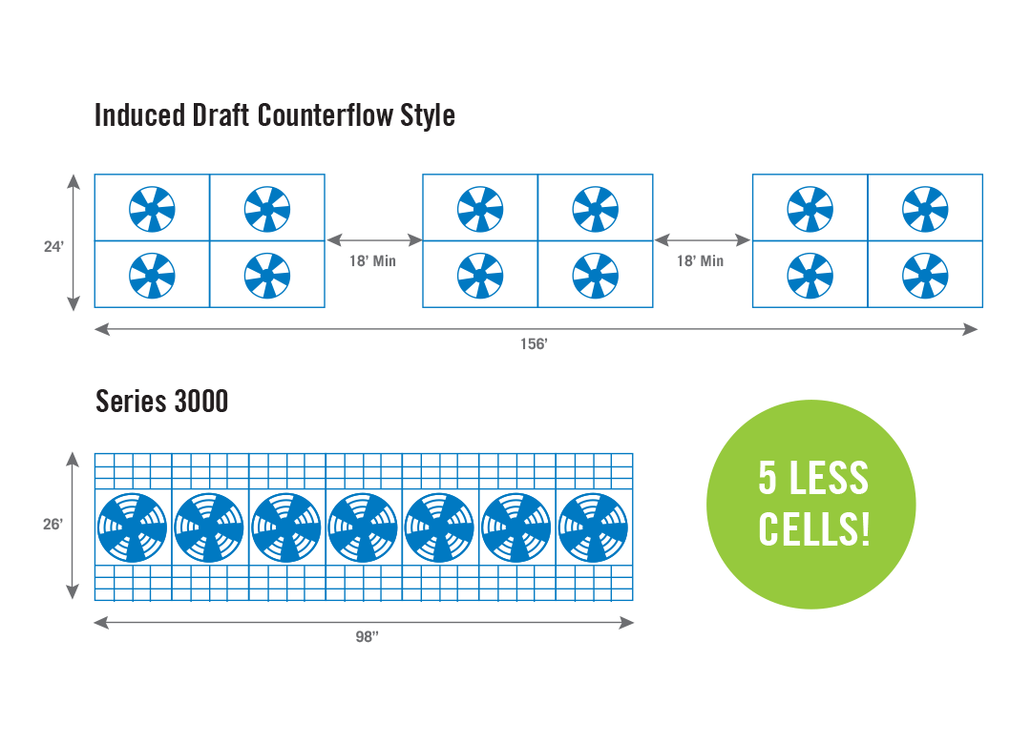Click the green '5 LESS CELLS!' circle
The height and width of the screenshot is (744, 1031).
[x=811, y=504]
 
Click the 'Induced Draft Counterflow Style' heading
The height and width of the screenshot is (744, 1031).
[x=275, y=116]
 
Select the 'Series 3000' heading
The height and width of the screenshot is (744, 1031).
[x=162, y=402]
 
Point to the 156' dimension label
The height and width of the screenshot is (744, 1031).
[x=534, y=344]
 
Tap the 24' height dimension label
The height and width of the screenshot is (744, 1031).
[x=53, y=247]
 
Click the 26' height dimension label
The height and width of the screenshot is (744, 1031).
[x=53, y=525]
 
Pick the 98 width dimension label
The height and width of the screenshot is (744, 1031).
[x=368, y=637]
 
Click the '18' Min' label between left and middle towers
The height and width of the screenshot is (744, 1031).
[x=372, y=261]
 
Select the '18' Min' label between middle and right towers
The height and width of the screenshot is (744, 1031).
[x=701, y=261]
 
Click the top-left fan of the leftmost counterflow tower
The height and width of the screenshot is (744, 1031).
[x=152, y=208]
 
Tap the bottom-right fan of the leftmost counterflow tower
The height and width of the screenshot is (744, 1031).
[x=267, y=276]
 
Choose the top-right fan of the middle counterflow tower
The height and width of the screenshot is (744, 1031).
[x=596, y=208]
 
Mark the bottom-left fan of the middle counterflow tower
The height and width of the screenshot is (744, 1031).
[x=480, y=276]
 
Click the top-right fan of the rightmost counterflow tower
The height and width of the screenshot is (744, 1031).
[x=925, y=208]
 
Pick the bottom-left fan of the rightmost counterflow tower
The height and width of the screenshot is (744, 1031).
[x=810, y=276]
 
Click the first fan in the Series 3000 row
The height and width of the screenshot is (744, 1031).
[x=132, y=527]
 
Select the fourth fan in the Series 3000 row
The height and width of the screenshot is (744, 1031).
[x=363, y=527]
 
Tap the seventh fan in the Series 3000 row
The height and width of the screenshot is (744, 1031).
[x=593, y=527]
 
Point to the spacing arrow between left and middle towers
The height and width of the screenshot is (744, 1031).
[x=373, y=239]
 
